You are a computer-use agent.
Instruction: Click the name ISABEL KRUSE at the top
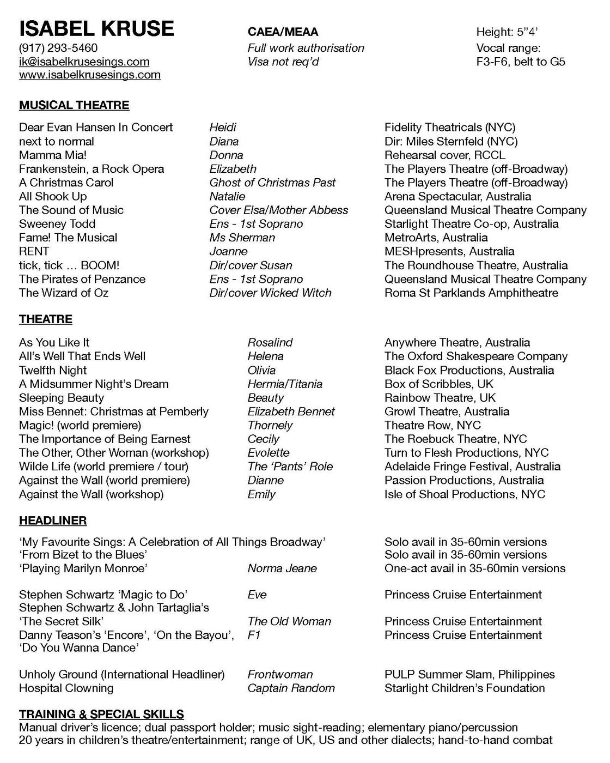click(x=96, y=28)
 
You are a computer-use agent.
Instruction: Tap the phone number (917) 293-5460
click(x=58, y=48)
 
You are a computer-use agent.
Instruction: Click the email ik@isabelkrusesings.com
click(x=84, y=62)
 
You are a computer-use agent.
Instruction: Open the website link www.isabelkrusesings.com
click(x=90, y=75)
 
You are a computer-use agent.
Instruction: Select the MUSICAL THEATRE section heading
click(x=74, y=105)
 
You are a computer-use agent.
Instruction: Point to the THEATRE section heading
click(x=46, y=319)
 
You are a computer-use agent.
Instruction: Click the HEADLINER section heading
click(x=53, y=520)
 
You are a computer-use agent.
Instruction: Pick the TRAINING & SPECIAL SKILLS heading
click(x=101, y=714)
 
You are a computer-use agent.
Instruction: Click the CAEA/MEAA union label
click(x=283, y=32)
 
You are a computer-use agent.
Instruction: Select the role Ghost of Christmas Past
click(x=272, y=183)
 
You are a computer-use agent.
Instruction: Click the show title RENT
click(x=34, y=251)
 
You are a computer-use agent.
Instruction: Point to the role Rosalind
click(x=270, y=342)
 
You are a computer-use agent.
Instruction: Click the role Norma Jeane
click(x=282, y=568)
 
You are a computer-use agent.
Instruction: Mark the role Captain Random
click(x=291, y=688)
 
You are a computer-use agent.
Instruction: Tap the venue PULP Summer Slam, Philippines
click(x=469, y=674)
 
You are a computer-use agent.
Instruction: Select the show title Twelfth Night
click(x=53, y=370)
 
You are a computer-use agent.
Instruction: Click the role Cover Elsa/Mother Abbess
click(x=278, y=210)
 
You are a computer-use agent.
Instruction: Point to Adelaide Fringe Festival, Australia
click(x=472, y=467)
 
